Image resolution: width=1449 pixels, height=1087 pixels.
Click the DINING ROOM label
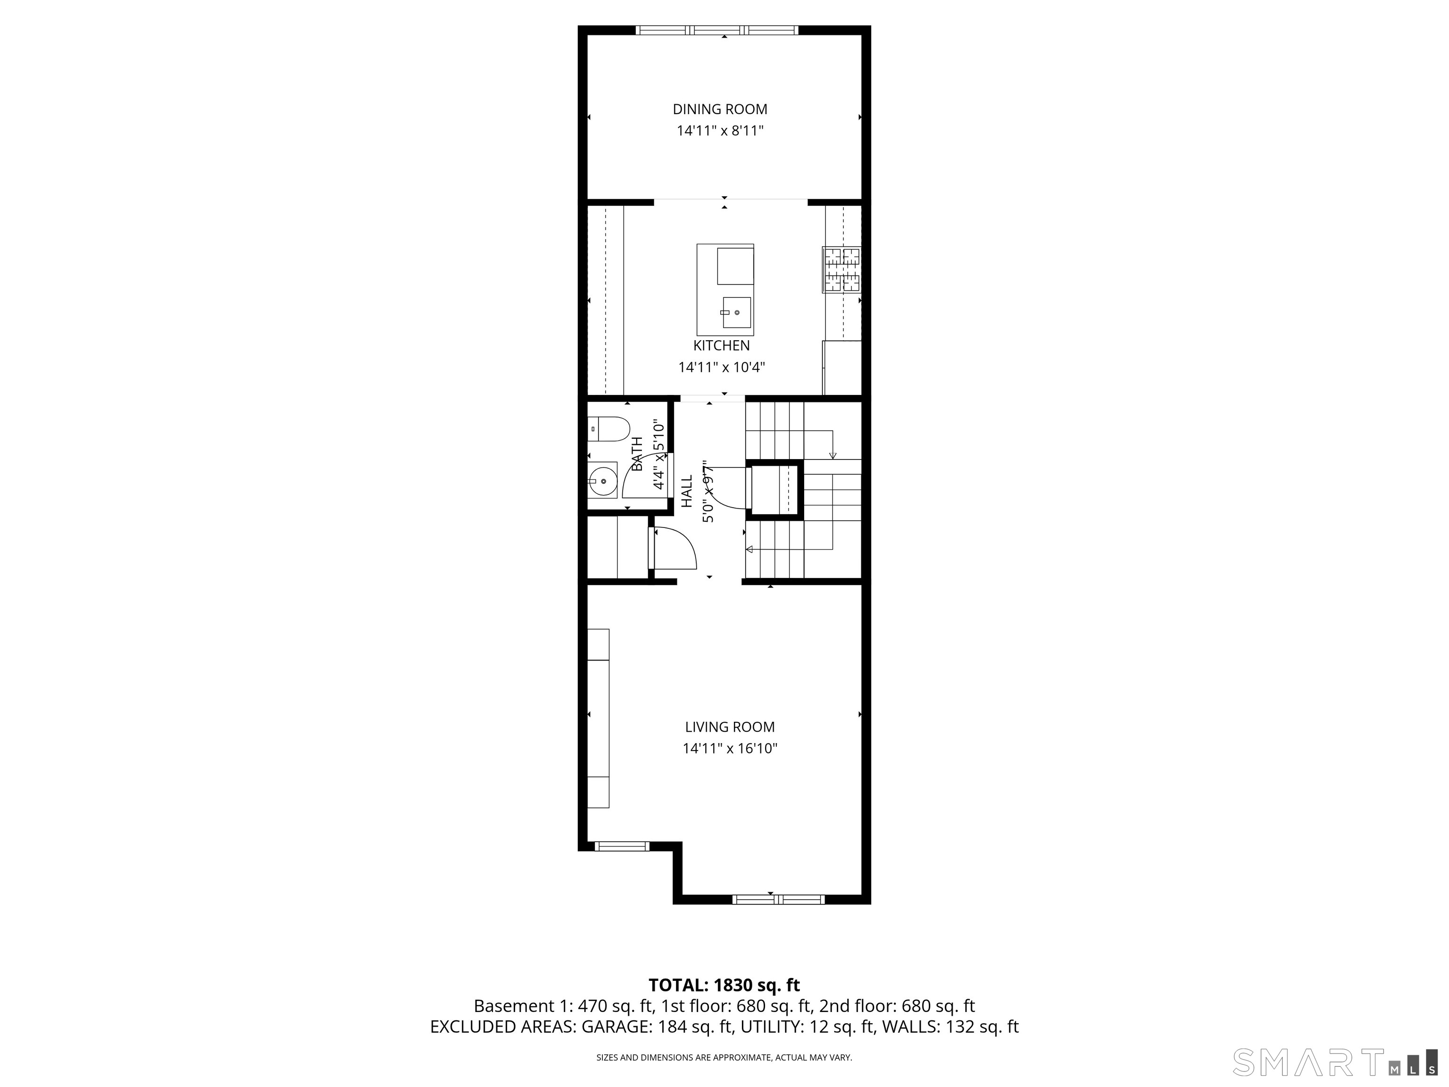[x=720, y=109]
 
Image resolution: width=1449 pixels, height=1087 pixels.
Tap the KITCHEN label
[x=722, y=345]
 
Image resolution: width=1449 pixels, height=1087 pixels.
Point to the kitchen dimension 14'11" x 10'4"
[x=722, y=367]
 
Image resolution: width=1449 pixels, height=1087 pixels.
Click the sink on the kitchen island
[x=736, y=312]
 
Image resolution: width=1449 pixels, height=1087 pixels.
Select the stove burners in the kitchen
[x=842, y=269]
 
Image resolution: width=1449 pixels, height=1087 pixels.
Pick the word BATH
[x=637, y=453]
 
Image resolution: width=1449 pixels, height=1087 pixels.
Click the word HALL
[x=686, y=492]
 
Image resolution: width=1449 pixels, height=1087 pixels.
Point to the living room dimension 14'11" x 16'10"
[x=730, y=748]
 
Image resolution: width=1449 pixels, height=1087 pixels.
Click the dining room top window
[x=717, y=30]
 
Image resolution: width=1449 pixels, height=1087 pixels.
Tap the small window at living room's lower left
[x=622, y=846]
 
